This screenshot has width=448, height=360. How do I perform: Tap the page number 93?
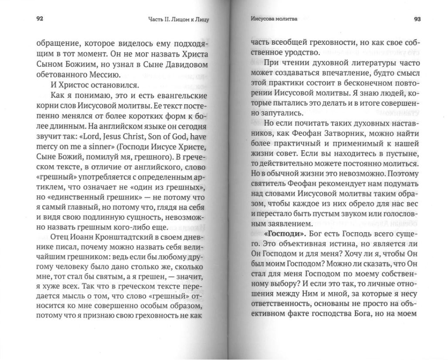(x=417, y=19)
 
